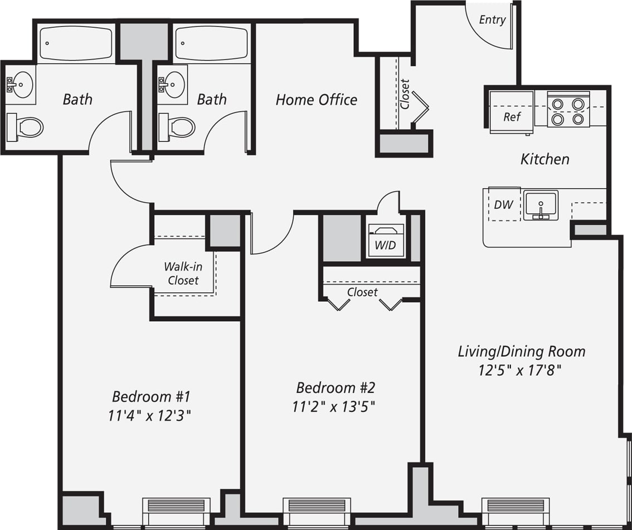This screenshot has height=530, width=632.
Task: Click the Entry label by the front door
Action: [492, 20]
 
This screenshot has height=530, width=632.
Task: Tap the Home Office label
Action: [316, 100]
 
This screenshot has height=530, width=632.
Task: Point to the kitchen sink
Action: [540, 205]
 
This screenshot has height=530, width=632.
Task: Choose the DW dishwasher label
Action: [503, 205]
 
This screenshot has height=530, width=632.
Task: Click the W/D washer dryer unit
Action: [386, 241]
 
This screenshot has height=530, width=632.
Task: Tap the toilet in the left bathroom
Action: [25, 127]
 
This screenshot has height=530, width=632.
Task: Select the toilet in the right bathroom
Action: [178, 127]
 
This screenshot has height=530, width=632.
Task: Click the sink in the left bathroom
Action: [21, 85]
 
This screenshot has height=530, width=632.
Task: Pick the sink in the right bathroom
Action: [173, 85]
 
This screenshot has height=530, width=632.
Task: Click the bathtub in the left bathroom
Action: [76, 43]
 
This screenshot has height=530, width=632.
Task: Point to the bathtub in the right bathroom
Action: [211, 43]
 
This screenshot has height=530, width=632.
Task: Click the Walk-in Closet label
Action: [183, 273]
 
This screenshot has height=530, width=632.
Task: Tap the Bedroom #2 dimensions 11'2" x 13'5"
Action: [333, 407]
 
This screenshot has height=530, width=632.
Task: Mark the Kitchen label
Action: [545, 159]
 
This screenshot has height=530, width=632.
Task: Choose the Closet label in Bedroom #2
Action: [362, 292]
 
